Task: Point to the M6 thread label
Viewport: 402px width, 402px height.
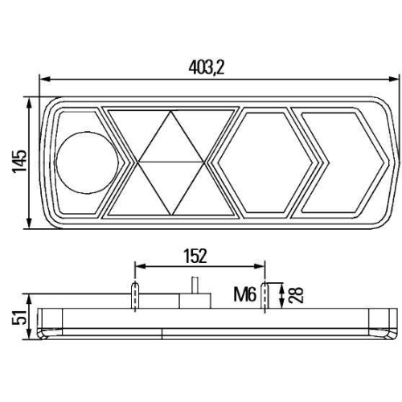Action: click(x=246, y=296)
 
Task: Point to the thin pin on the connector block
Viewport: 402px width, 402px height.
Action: click(x=193, y=285)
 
